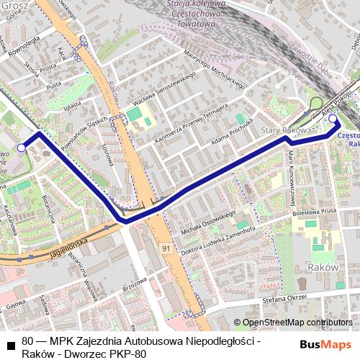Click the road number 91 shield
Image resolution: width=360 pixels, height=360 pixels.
point(166,248)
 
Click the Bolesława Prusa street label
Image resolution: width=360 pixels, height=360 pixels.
point(315,212)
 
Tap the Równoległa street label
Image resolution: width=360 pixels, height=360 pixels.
point(22,51)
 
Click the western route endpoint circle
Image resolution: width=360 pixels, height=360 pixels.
point(22,148)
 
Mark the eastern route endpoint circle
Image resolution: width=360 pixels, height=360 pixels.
point(333,119)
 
